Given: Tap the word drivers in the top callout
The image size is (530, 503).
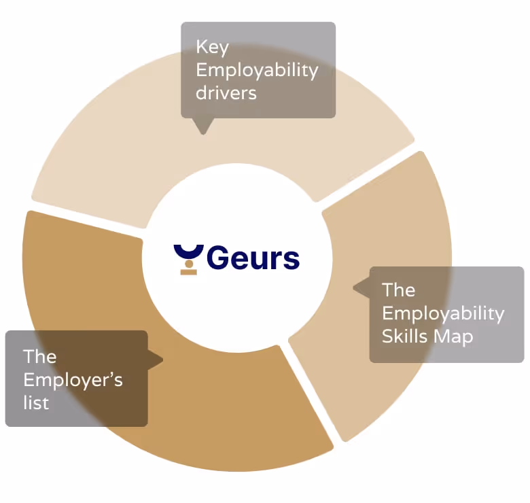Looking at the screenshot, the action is click(226, 92).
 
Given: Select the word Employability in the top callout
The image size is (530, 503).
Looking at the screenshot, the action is click(257, 71).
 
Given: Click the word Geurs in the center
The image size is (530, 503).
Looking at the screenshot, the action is click(253, 258).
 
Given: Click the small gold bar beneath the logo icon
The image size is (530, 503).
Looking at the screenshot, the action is click(188, 272).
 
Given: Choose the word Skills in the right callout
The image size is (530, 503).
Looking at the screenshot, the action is click(404, 336).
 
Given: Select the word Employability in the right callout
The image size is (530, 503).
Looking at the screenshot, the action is click(443, 313).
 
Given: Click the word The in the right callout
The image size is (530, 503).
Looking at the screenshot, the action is click(398, 290).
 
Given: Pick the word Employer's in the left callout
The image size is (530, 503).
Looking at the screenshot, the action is click(73, 379).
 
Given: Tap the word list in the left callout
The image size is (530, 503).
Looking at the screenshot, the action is click(36, 402).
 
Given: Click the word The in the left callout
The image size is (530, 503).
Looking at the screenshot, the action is click(39, 357).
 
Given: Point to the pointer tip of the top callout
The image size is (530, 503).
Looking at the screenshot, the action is click(202, 133).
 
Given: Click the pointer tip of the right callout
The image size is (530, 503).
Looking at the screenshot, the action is click(355, 288).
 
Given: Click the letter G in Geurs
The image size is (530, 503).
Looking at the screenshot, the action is click(218, 258).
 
